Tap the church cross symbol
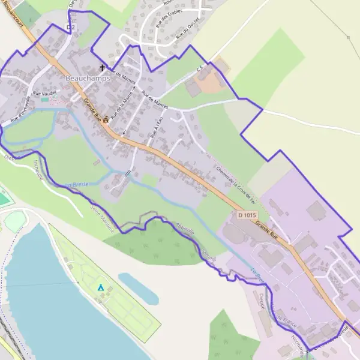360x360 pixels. [x=102, y=68]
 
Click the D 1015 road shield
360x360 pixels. [x=247, y=215]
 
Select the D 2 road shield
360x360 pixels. [x=71, y=28]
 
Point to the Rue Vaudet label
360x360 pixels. [x=45, y=93]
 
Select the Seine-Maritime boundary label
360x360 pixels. [x=101, y=213]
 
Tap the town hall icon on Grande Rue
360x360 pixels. [x=107, y=118]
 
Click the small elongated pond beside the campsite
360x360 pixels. [x=139, y=288]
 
